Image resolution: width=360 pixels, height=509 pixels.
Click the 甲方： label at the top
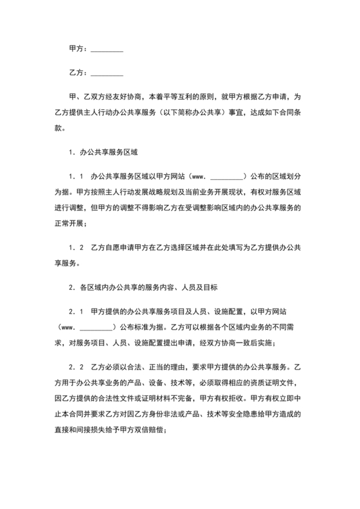pos(78,49)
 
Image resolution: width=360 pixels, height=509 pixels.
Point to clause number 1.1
pos(76,175)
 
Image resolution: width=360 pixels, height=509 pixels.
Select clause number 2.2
pos(76,369)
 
